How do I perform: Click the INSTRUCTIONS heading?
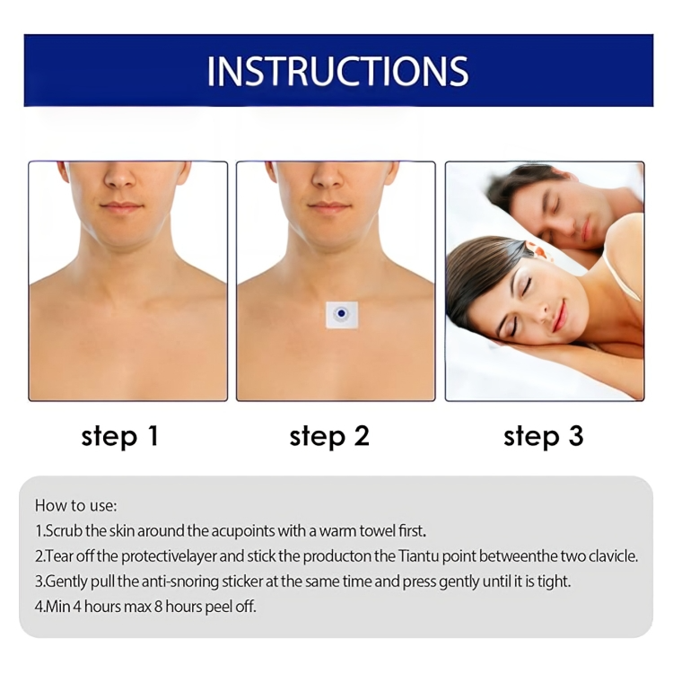(x=337, y=71)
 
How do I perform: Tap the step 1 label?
(x=120, y=436)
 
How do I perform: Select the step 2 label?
(x=329, y=436)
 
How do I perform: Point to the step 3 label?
(x=544, y=436)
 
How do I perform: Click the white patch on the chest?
(x=342, y=315)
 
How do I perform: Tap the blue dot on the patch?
(x=341, y=314)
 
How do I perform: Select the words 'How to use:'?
(x=76, y=505)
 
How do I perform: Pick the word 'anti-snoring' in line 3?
(x=180, y=581)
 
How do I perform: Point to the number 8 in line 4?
(x=158, y=607)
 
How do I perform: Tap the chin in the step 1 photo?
(x=121, y=232)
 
